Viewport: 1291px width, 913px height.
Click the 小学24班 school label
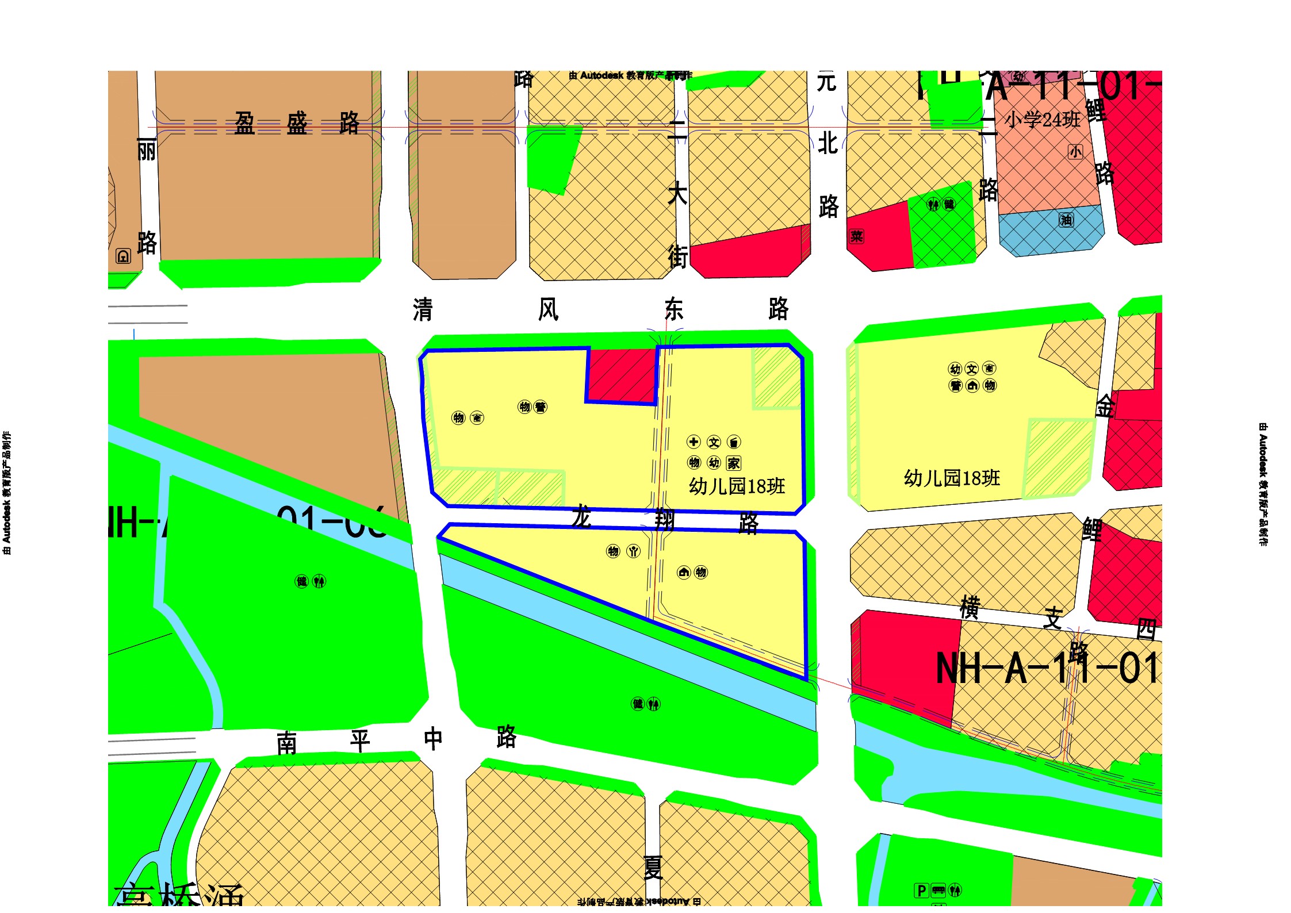tap(1042, 120)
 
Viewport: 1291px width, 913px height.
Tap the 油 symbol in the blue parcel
tap(1066, 220)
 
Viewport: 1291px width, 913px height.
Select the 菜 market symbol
tap(856, 236)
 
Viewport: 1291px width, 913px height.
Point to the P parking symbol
tap(921, 891)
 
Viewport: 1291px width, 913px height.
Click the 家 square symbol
tap(733, 463)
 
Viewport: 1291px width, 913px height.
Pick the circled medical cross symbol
tap(694, 442)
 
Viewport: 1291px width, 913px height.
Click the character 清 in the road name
tap(423, 310)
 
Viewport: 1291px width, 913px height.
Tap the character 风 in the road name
tap(548, 310)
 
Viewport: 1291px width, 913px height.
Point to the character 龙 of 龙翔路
tap(581, 517)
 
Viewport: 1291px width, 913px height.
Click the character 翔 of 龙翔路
tap(665, 520)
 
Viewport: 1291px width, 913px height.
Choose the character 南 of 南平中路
tap(287, 743)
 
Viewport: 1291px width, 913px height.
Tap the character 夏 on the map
tap(653, 868)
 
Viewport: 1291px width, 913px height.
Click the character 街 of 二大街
tap(677, 256)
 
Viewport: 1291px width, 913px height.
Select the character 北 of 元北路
tap(828, 144)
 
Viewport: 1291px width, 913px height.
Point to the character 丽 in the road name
tap(147, 151)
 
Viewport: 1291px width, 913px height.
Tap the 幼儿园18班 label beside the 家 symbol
tap(737, 486)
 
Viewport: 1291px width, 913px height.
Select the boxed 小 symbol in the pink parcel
tap(1075, 152)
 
